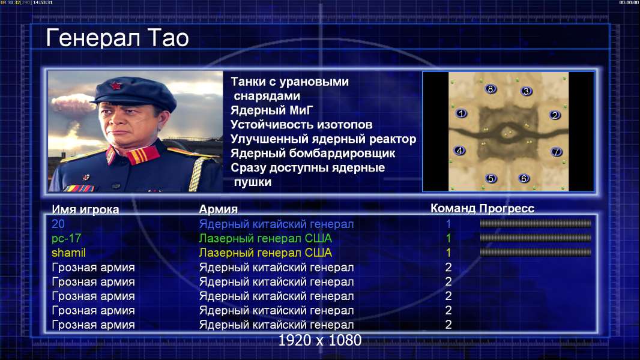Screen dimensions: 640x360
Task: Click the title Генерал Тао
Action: click(x=117, y=38)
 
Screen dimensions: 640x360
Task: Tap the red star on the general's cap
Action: click(x=115, y=85)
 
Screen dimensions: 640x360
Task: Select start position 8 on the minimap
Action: click(x=491, y=89)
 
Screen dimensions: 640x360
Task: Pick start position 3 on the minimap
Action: click(x=527, y=91)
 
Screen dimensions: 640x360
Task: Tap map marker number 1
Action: click(x=461, y=113)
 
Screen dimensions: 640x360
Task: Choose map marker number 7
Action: click(x=556, y=152)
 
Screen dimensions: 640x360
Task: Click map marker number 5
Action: click(x=491, y=178)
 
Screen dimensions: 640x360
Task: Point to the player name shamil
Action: click(x=68, y=253)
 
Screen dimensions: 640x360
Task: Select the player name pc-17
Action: click(x=67, y=239)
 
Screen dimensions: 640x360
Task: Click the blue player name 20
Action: click(x=58, y=224)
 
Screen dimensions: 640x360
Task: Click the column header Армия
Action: click(x=219, y=209)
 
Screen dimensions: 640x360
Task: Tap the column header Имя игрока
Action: click(x=85, y=209)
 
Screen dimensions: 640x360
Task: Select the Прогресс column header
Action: click(x=507, y=208)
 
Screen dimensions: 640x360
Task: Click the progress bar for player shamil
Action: click(x=536, y=253)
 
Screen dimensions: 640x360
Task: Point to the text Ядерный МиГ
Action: click(x=272, y=110)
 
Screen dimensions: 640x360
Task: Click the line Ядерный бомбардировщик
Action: click(x=313, y=153)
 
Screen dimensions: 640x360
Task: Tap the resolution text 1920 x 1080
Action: click(x=320, y=340)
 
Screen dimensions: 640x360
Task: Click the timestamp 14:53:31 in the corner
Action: click(x=43, y=2)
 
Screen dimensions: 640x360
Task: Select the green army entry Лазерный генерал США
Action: click(x=265, y=239)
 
